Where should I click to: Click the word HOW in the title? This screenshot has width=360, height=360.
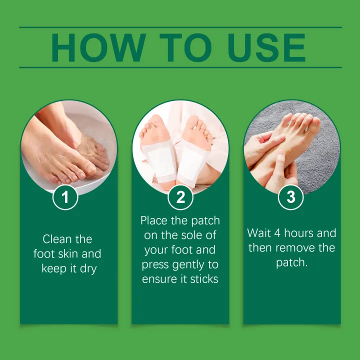[x=98, y=47]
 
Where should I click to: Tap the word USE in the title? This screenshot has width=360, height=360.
[x=266, y=47]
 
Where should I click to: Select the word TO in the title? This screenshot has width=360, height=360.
[x=185, y=47]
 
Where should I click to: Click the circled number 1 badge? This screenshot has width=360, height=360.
[x=65, y=197]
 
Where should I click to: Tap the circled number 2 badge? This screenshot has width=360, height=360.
[x=180, y=197]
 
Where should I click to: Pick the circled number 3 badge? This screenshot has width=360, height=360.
[x=290, y=197]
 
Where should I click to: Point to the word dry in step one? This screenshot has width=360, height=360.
[x=88, y=269]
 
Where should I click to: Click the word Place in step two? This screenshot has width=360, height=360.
[x=154, y=220]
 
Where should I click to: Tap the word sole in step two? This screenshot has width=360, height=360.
[x=191, y=235]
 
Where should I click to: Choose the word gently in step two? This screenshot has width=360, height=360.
[x=188, y=265]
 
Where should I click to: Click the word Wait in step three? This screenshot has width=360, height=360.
[x=258, y=233]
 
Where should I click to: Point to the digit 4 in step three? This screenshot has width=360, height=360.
[x=277, y=233]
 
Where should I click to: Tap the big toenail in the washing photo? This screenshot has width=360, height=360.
[x=91, y=169]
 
